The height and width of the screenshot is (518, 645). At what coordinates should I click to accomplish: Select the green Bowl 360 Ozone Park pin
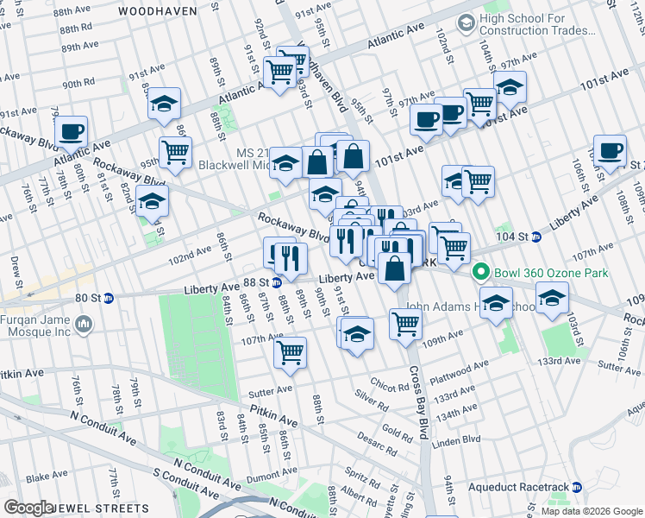coord(481,273)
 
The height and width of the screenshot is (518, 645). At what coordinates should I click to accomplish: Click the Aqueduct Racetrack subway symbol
coord(577,488)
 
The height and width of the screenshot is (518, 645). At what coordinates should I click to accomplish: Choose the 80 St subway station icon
coord(109,299)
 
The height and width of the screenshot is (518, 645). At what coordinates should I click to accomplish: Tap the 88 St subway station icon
coord(277,282)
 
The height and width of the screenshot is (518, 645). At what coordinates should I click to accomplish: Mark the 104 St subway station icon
coord(535,236)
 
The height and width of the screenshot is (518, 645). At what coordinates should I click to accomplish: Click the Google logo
coord(28,508)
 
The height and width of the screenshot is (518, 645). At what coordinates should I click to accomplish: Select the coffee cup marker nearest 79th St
coord(72,133)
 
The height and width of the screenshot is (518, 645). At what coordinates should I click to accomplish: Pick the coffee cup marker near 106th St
coord(611,150)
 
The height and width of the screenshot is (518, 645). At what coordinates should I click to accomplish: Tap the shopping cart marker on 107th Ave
coord(291,351)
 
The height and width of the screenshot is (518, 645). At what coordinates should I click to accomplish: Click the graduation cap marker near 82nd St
coord(152,201)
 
